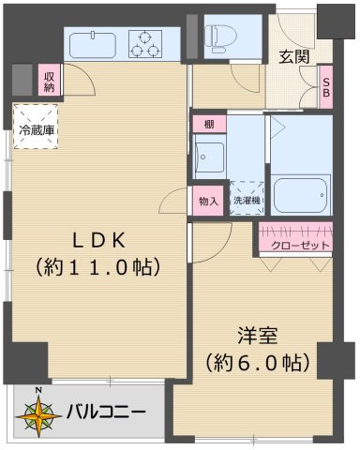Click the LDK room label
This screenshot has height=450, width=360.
(x=99, y=238)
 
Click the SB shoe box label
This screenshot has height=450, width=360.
(x=325, y=87)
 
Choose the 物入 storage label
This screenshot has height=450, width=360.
(x=208, y=200)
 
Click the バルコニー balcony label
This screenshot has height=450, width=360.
(x=105, y=412)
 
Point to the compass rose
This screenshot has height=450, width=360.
(x=39, y=412)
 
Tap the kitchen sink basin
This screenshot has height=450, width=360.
(x=92, y=43)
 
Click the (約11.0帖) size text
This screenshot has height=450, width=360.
(x=99, y=267)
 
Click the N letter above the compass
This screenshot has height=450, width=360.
(x=38, y=390)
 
